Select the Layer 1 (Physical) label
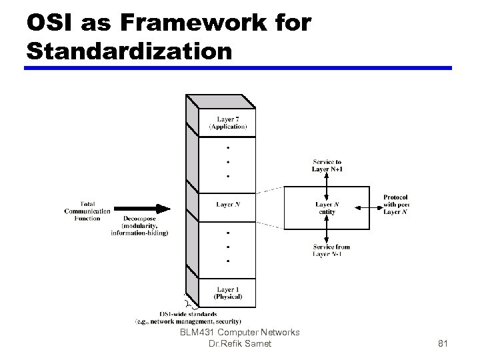[227, 293]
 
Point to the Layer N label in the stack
[227, 204]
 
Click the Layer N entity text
[327, 208]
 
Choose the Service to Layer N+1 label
[327, 165]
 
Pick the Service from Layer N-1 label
[331, 250]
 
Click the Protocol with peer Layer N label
[396, 205]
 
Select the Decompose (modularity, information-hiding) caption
[139, 225]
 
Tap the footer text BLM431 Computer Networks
[239, 332]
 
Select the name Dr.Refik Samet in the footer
[239, 343]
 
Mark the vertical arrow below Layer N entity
[327, 229]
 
